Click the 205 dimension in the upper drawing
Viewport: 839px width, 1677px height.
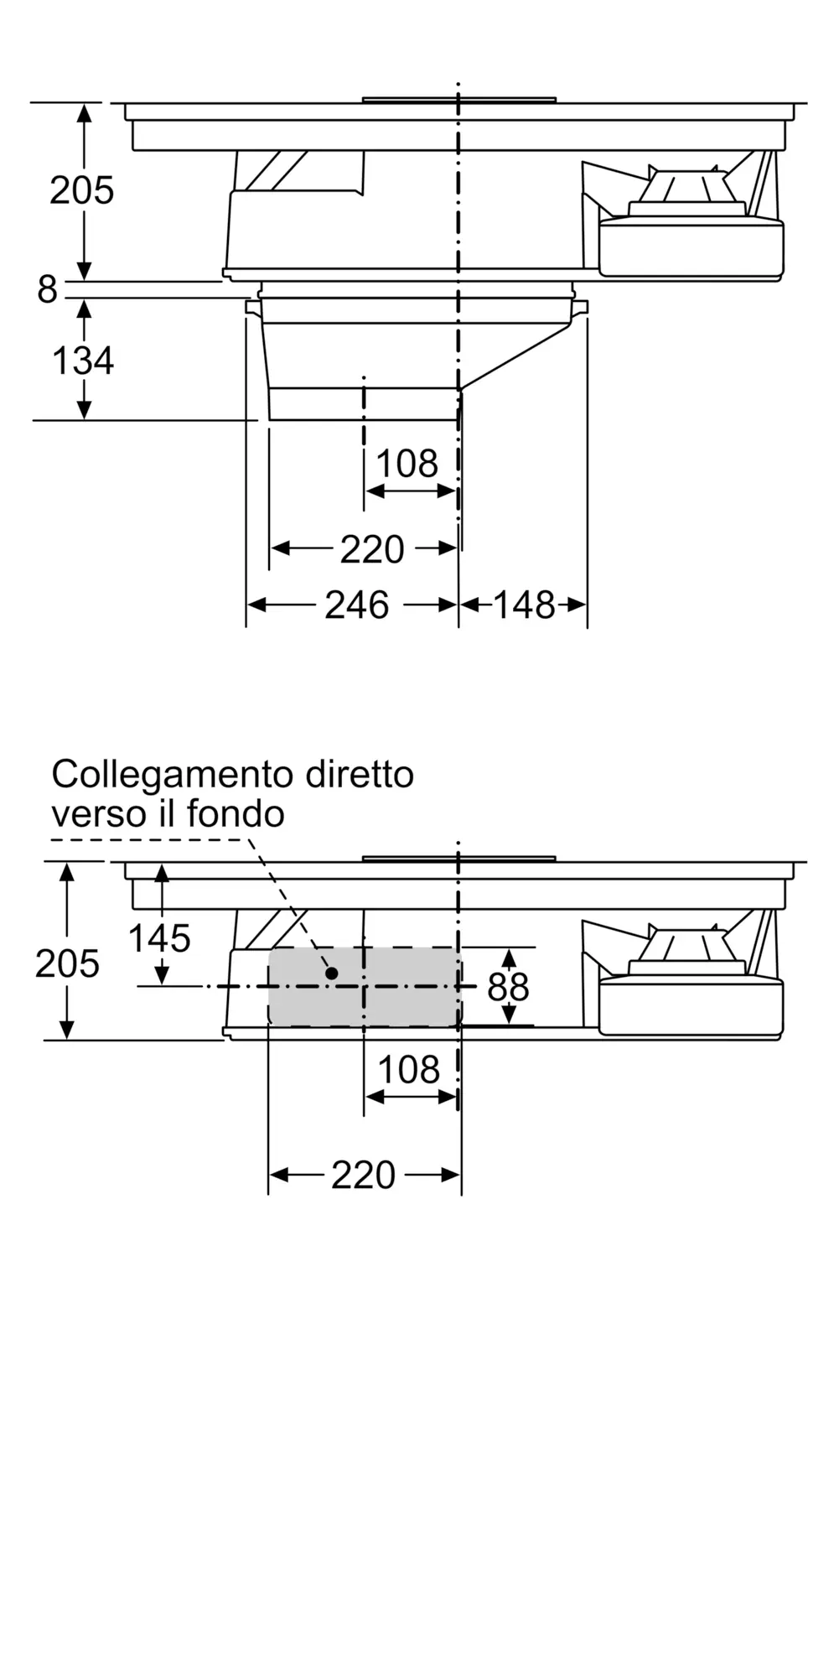(81, 190)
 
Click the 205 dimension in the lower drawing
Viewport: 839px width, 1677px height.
(67, 964)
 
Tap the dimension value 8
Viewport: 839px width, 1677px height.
(47, 290)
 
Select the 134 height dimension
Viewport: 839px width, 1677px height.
(82, 361)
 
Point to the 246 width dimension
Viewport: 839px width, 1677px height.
(356, 605)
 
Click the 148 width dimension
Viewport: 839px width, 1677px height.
(524, 605)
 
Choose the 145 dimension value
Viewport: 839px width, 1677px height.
(159, 938)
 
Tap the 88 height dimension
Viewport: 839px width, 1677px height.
(508, 988)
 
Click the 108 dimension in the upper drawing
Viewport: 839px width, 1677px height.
(407, 464)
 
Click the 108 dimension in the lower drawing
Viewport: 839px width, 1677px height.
(409, 1070)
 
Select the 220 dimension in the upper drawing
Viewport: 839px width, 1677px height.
(372, 549)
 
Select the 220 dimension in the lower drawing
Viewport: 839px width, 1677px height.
(363, 1175)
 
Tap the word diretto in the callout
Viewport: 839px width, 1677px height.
(360, 774)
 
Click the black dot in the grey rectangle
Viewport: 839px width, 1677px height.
(332, 973)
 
